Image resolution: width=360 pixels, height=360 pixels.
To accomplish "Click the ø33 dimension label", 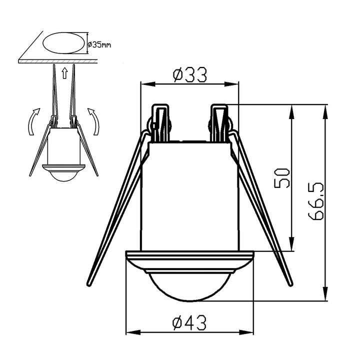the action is coord(190,74).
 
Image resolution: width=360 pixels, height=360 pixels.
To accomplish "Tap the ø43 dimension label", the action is coord(189,322).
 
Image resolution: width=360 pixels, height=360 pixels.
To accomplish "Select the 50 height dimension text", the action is coord(282,178).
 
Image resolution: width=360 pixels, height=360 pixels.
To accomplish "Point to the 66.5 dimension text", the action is coord(316,201).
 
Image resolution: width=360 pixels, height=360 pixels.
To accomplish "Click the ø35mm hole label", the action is coord(99,44).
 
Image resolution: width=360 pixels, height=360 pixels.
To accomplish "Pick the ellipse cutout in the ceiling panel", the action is coord(64,43).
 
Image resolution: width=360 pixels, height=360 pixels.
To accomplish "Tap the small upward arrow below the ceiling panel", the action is coord(65,73).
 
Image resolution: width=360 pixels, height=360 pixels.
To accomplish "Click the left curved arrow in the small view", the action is coord(33,121).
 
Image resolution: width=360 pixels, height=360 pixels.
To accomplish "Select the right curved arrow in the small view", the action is coord(94,121).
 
